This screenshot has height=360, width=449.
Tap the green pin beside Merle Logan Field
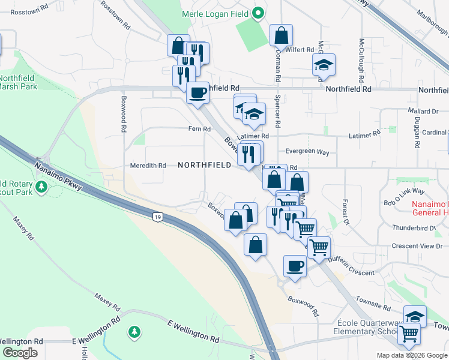coord(258,12)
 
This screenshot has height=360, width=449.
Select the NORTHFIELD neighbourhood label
coord(204,165)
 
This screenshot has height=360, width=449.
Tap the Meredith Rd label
coord(148,166)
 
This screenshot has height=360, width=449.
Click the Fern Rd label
coord(199,129)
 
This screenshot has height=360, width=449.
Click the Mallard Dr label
coord(423,111)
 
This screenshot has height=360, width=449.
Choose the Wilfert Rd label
coord(301,50)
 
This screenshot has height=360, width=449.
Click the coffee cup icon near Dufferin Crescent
coord(295,265)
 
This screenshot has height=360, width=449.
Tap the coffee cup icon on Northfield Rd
coord(197,92)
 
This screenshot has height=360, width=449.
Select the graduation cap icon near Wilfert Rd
coord(324,65)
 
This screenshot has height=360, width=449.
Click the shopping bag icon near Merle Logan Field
coord(281,35)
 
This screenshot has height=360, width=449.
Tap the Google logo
coord(20,353)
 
